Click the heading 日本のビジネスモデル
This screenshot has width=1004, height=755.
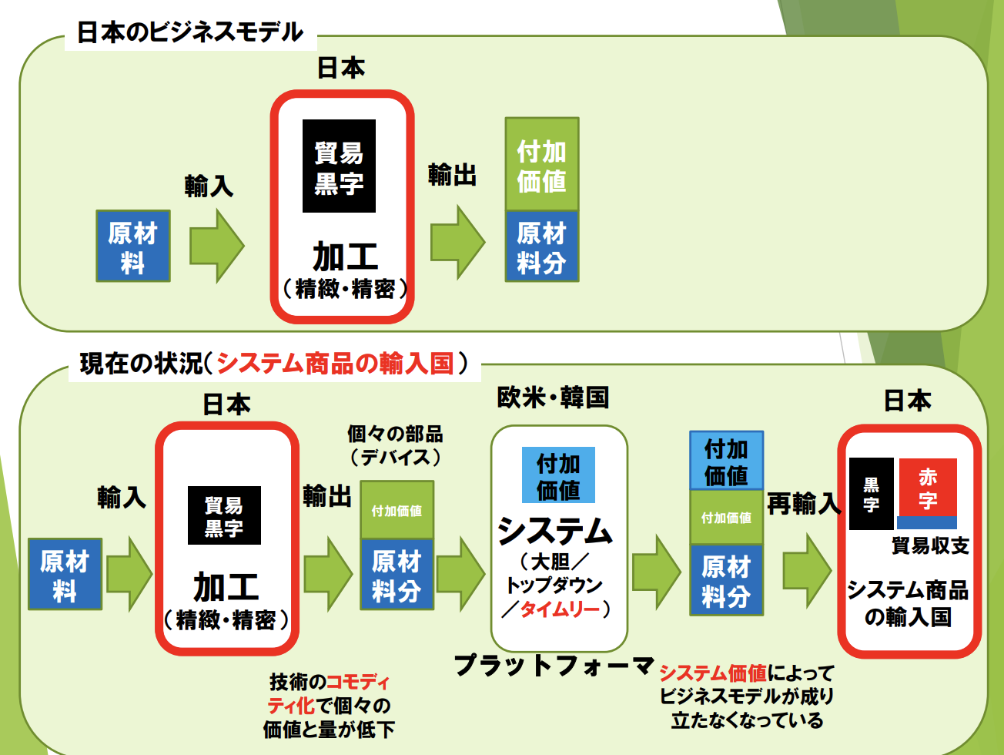point(190,32)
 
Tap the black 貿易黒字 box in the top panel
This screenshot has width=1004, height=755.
point(339,166)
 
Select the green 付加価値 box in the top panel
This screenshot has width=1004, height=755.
point(541,164)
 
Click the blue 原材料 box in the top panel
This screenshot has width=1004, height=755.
point(132,246)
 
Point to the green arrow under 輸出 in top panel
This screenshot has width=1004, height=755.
point(457,242)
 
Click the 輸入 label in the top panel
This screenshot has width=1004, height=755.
point(208,186)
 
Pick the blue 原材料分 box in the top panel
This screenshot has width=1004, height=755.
point(541,247)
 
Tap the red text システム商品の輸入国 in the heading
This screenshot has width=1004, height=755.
point(335,363)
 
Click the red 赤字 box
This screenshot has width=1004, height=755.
point(927,488)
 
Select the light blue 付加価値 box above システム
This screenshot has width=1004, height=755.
point(558,475)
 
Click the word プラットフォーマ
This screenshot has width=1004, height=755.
point(554,665)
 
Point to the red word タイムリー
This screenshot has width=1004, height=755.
point(560,609)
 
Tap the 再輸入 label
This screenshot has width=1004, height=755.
point(803,504)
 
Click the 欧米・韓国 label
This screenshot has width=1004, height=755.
point(553,398)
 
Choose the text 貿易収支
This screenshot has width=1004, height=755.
point(929,545)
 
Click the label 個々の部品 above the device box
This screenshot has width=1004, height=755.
point(395,434)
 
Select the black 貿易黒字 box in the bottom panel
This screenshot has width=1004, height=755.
point(224,515)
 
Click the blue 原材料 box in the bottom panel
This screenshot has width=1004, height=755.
point(65,575)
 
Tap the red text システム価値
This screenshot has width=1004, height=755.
point(713,673)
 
